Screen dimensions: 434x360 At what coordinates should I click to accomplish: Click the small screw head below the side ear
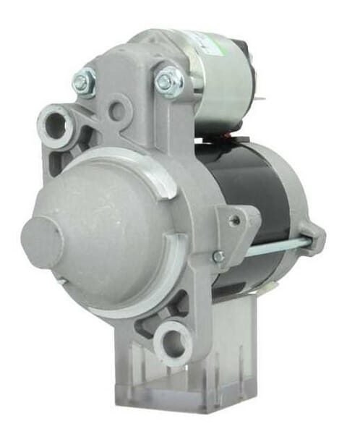pos(218,256)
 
